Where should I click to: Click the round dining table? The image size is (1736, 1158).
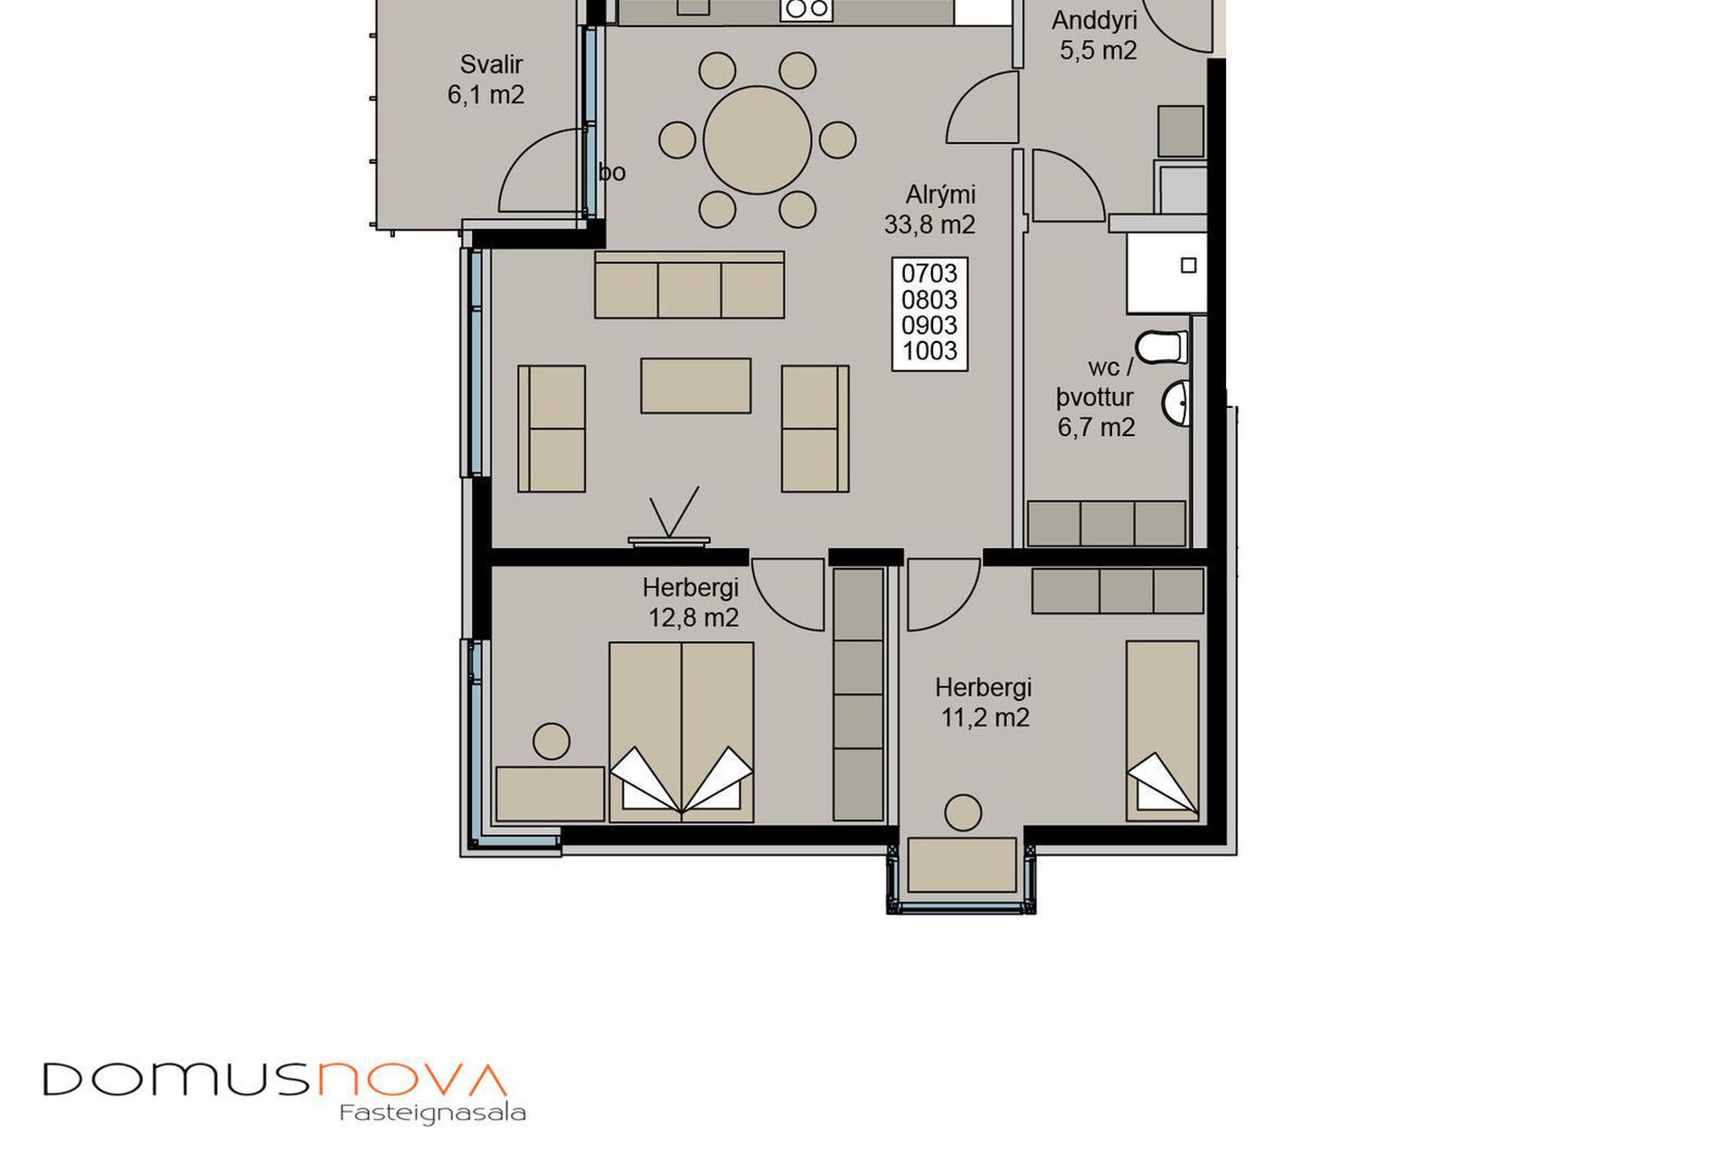click(757, 140)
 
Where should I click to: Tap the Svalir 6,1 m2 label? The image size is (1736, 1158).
click(486, 80)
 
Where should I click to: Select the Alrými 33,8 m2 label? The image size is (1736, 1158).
click(929, 209)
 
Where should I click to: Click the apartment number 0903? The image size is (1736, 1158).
click(929, 325)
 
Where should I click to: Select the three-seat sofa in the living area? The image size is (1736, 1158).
click(689, 285)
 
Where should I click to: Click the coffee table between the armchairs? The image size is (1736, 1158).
click(695, 385)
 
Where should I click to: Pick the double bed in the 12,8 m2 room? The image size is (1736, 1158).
click(681, 732)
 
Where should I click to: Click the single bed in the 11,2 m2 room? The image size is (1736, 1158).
click(1163, 731)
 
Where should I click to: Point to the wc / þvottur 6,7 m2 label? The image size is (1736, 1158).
click(1095, 397)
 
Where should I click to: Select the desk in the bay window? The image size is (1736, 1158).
click(962, 865)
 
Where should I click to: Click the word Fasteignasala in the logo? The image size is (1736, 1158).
click(432, 1113)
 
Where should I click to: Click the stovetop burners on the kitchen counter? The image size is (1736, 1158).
click(807, 9)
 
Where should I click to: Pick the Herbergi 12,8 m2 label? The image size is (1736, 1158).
click(692, 603)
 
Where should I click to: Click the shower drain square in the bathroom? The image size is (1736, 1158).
click(1189, 265)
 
